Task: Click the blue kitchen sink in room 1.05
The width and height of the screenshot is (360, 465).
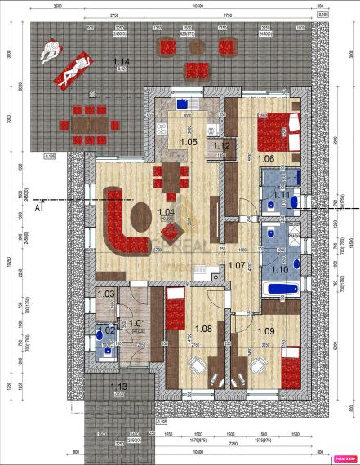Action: [184, 104]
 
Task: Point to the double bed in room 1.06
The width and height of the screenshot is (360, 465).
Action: [281, 130]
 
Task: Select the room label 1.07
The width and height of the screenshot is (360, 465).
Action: [236, 265]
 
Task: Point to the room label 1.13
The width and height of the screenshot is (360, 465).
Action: [119, 387]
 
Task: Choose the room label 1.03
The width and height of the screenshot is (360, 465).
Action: [104, 294]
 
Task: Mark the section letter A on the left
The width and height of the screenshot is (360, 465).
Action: [38, 207]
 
